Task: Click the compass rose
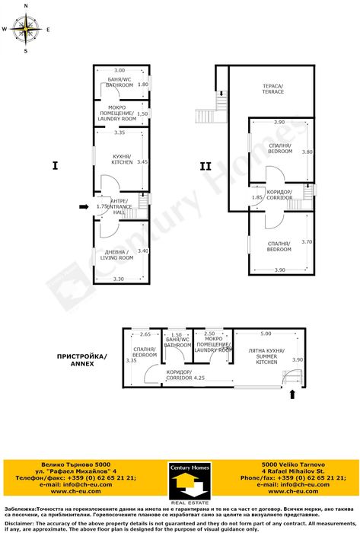tap(26, 29)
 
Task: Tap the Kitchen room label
tap(122, 159)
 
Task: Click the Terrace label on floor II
tap(272, 90)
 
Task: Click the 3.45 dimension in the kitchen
tap(142, 162)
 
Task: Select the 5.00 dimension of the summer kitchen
tap(266, 334)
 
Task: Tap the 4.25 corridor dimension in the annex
tap(200, 378)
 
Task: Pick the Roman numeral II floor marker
tap(205, 165)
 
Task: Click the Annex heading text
tap(82, 359)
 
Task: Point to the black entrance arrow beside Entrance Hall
tap(83, 206)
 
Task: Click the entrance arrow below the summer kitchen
tap(292, 394)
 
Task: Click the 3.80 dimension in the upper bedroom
tap(307, 152)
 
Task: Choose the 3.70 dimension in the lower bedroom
tap(307, 241)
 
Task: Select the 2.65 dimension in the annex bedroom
tap(145, 334)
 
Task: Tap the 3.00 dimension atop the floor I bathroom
tap(119, 70)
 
